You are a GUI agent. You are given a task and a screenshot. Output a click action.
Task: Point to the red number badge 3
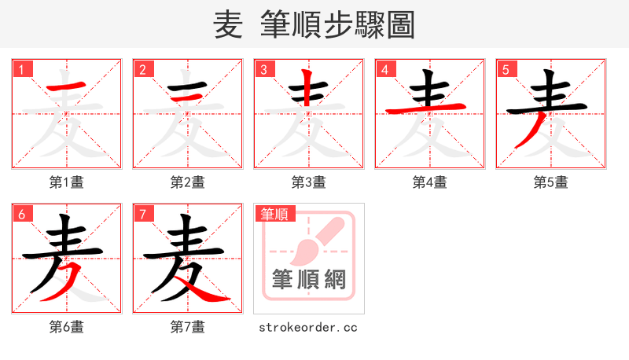[x=264, y=69]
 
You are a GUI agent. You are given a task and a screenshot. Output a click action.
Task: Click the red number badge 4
[x=385, y=69]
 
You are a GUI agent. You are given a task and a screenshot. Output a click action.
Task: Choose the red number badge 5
[x=506, y=69]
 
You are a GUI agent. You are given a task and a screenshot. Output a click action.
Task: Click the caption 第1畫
[x=67, y=182]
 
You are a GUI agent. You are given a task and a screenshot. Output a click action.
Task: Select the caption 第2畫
[x=188, y=182]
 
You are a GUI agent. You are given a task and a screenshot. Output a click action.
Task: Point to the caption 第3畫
[x=309, y=182]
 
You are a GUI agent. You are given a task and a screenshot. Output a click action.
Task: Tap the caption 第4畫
[x=430, y=182]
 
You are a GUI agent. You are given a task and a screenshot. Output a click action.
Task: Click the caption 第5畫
[x=551, y=182]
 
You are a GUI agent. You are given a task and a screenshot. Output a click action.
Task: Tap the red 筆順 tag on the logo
[x=273, y=213]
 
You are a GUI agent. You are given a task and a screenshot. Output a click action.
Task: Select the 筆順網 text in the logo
[x=309, y=279]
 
